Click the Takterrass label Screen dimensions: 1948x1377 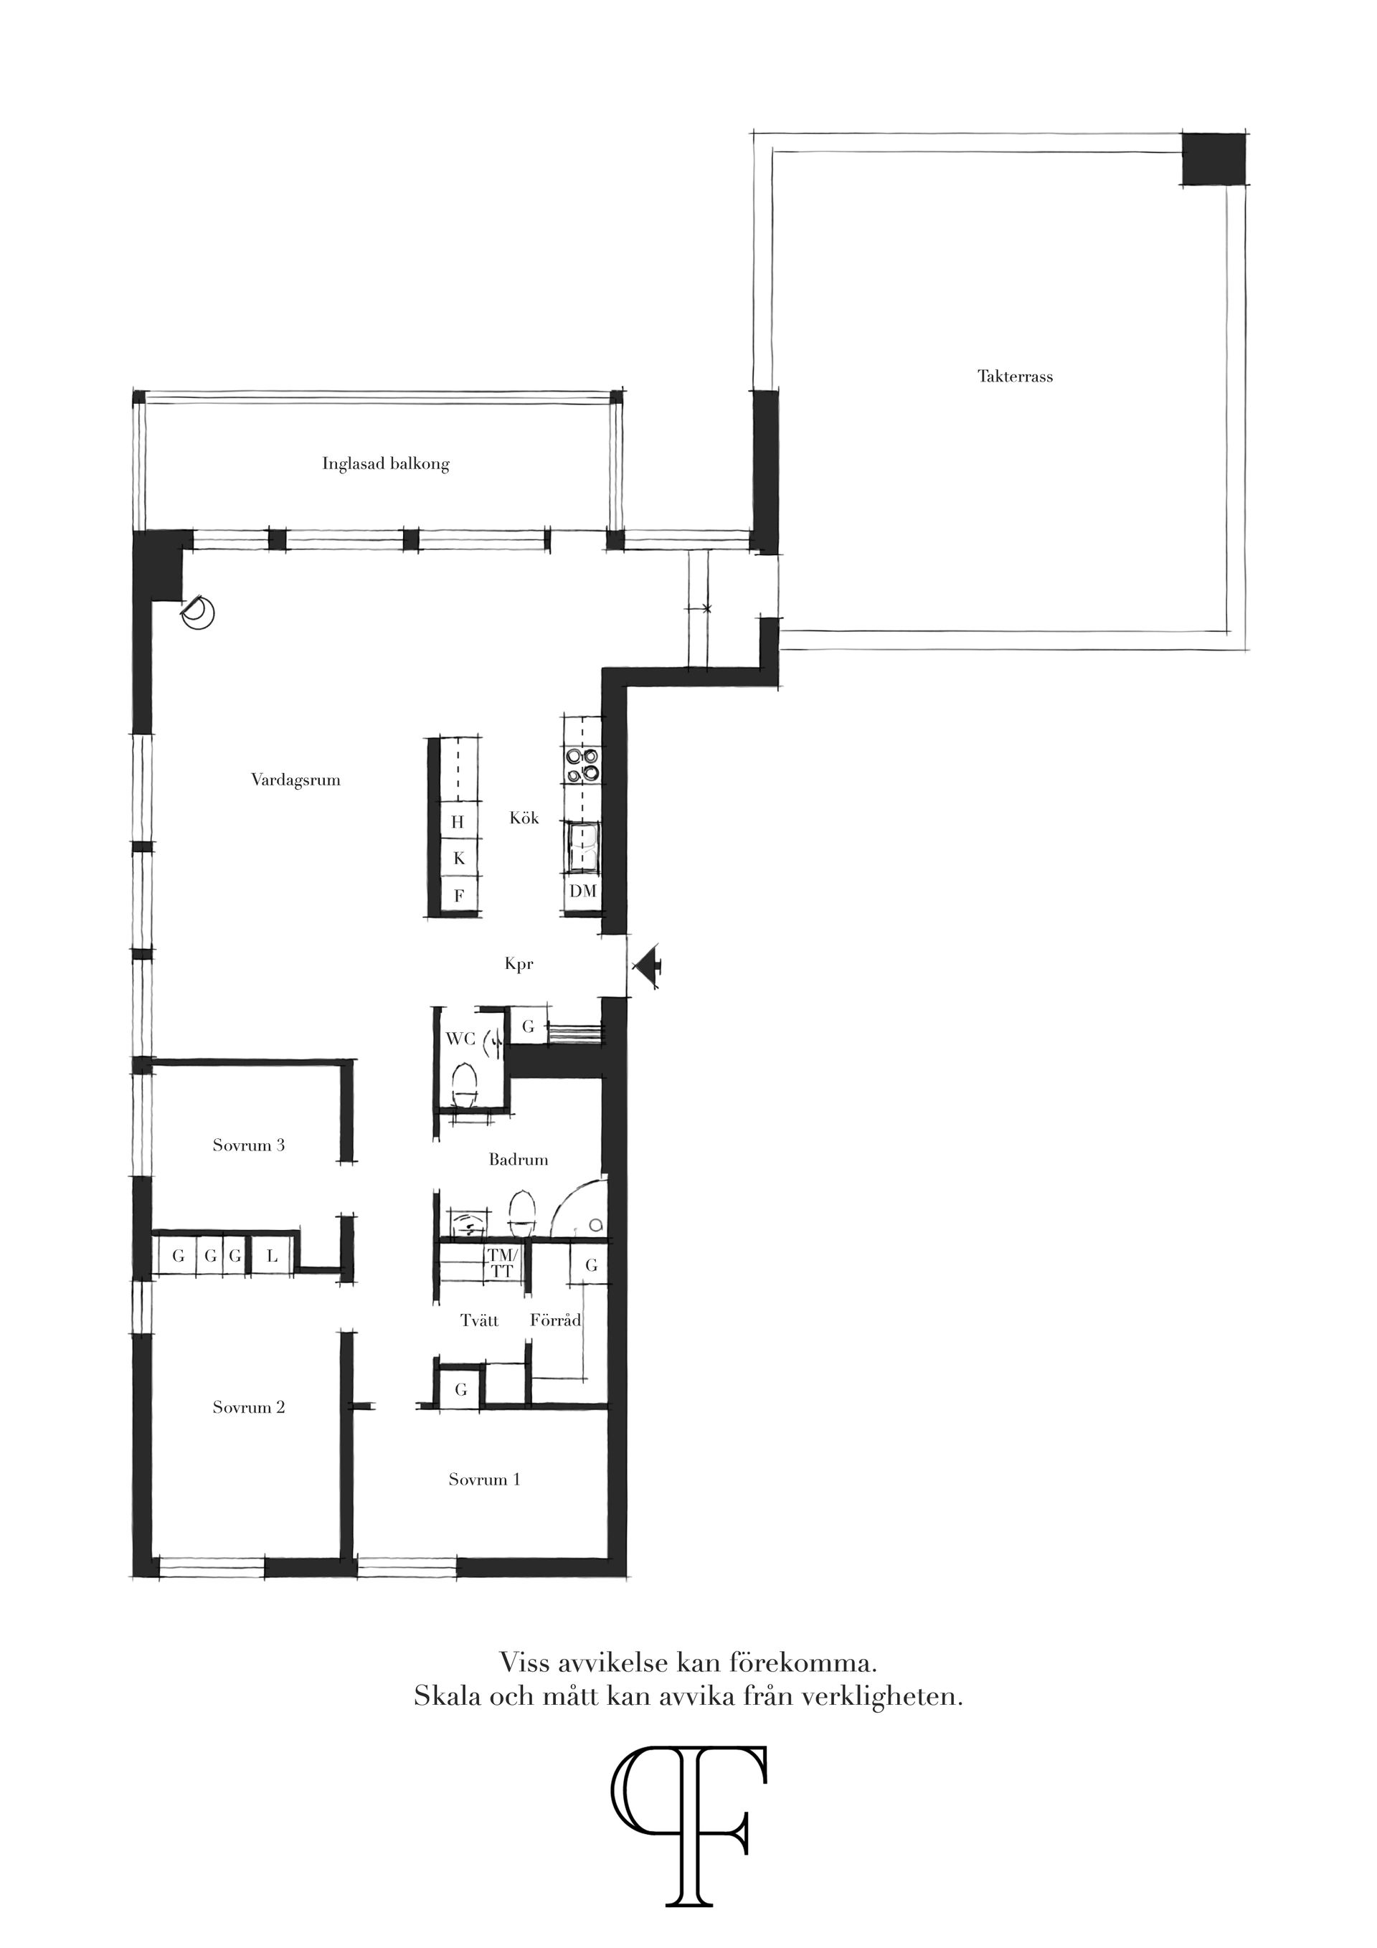(x=1015, y=377)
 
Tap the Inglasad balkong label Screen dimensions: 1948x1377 (x=385, y=464)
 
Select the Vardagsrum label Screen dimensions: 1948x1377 (x=295, y=780)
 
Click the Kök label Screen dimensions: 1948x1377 (x=524, y=819)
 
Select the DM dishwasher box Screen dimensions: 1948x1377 (x=583, y=892)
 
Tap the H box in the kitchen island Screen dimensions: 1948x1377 (x=458, y=821)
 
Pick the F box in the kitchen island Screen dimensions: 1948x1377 (x=458, y=895)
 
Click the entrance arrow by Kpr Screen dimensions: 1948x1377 (x=649, y=966)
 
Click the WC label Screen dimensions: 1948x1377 (x=459, y=1039)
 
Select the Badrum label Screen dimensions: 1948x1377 (x=518, y=1160)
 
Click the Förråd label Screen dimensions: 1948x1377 (x=556, y=1321)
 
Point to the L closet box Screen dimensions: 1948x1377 (x=273, y=1257)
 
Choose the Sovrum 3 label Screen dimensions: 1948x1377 (x=249, y=1145)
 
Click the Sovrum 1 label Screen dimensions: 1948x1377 (x=484, y=1480)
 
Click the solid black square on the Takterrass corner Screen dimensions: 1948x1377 (x=1213, y=159)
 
